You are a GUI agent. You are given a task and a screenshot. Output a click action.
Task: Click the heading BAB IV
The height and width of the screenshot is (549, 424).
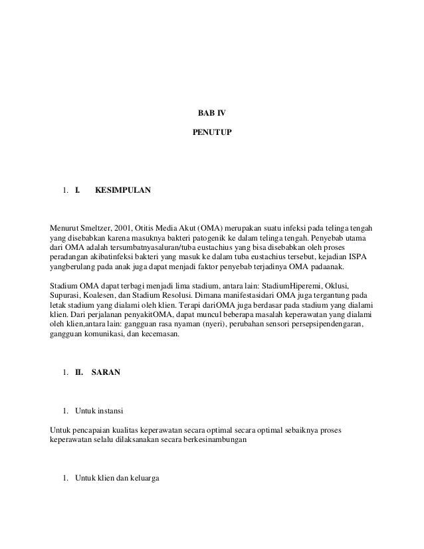click(x=212, y=113)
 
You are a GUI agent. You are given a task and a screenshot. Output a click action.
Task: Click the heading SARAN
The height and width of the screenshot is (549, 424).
click(x=106, y=373)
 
